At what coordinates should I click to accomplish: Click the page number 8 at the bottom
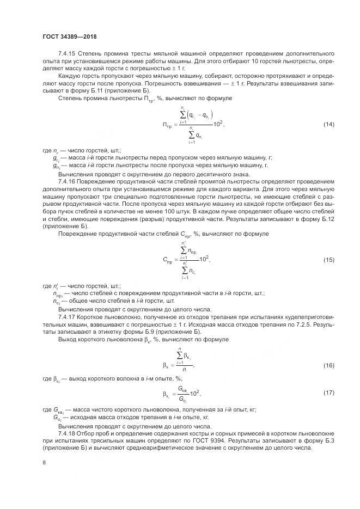pos(44,463)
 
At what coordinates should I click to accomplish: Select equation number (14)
pos(329,125)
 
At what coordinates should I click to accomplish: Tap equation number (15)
pos(329,260)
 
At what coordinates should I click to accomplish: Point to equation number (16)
pos(329,365)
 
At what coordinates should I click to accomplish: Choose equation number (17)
pos(329,393)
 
